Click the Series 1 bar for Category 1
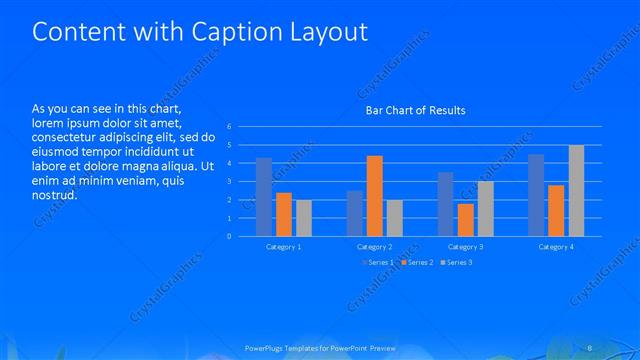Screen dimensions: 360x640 coord(264,197)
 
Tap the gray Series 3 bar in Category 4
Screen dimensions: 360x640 coord(576,191)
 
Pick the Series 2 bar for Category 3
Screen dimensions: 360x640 coord(465,220)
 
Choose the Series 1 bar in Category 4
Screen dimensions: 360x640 coord(536,195)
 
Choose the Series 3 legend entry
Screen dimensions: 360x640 coord(455,262)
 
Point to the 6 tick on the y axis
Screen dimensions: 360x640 coord(229,127)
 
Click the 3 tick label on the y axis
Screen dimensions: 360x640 coord(229,182)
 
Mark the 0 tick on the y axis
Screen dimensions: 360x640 coord(229,237)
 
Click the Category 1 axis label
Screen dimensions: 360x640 coord(284,246)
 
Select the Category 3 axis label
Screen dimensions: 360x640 coord(465,246)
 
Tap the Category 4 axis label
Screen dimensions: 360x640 coord(556,246)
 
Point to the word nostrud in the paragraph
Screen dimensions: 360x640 coord(55,195)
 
